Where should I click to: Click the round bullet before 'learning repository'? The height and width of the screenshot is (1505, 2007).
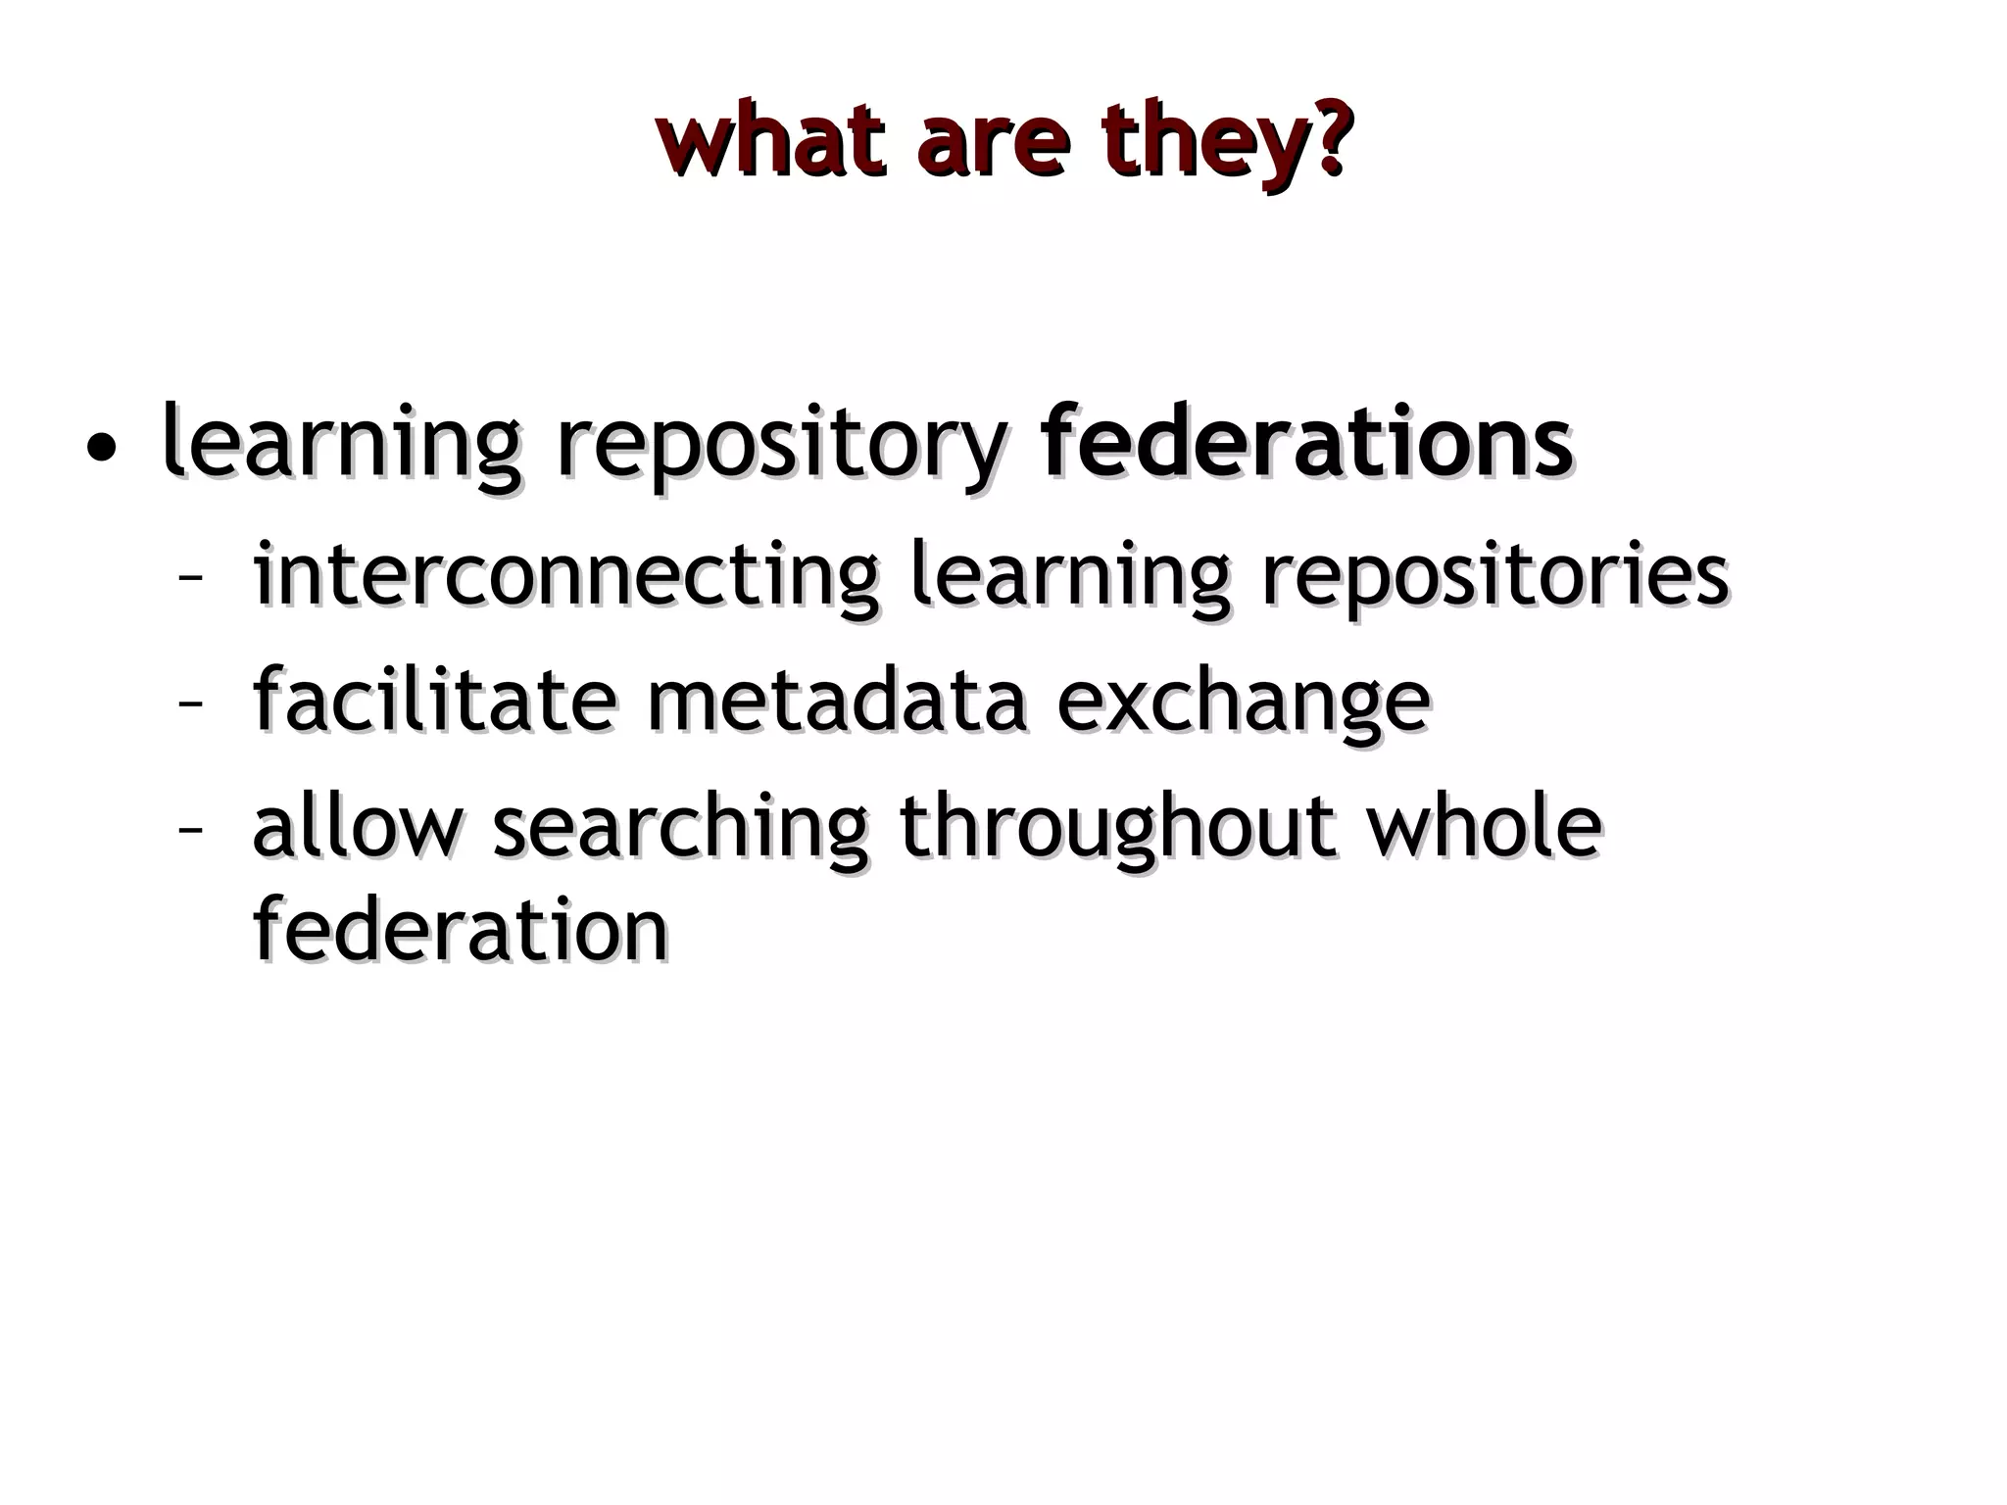(101, 450)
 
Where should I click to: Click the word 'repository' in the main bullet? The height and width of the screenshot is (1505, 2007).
(780, 446)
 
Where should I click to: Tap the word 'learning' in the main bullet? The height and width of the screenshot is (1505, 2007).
(339, 446)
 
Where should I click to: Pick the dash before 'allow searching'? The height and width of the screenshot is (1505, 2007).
(189, 829)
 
